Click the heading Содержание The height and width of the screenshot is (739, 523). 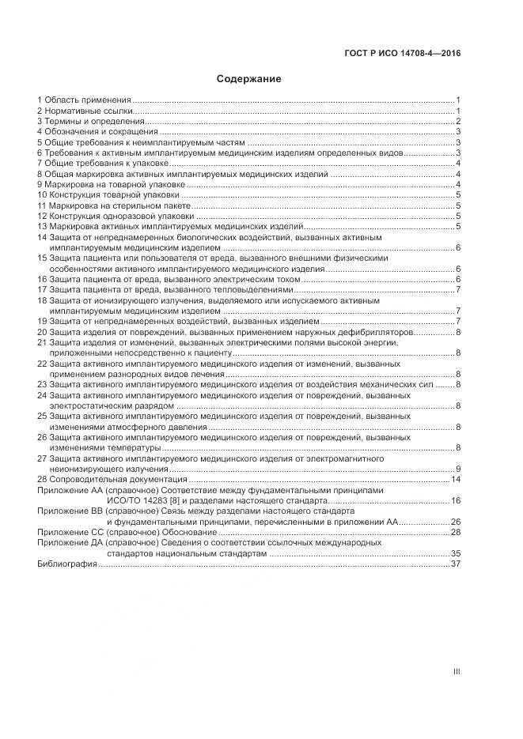pos(249,79)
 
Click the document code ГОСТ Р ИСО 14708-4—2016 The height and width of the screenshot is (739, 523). pos(403,54)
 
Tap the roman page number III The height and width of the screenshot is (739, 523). pos(457,672)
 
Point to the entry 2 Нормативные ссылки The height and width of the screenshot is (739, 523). pos(85,111)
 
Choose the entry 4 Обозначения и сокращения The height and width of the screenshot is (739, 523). pos(97,132)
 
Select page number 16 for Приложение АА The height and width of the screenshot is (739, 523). pos(456,501)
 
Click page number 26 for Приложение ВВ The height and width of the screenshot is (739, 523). pos(456,522)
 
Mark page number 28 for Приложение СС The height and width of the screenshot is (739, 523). pos(456,533)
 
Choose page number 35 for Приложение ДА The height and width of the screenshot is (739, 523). pos(456,553)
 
